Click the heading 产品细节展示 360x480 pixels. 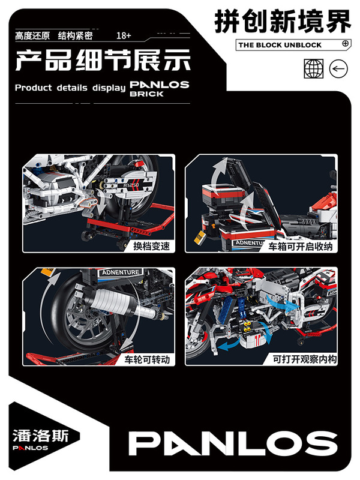[x=102, y=61]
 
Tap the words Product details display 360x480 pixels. [x=70, y=88]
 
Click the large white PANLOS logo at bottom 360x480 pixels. [x=233, y=443]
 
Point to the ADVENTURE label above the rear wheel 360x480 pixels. [x=120, y=272]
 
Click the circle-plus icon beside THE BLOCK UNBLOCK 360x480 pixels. [x=345, y=44]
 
